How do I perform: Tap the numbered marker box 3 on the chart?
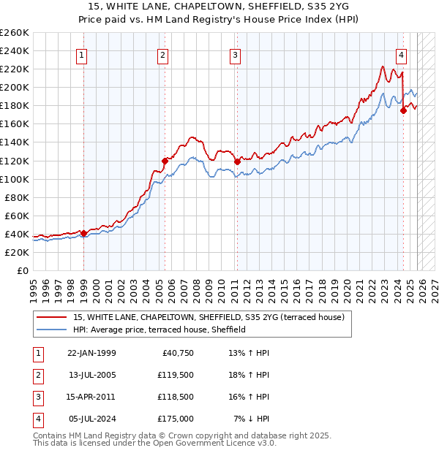pyautogui.click(x=235, y=54)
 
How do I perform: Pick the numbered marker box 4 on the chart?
pyautogui.click(x=402, y=54)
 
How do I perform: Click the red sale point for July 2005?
pyautogui.click(x=165, y=161)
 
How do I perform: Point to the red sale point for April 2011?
pyautogui.click(x=237, y=161)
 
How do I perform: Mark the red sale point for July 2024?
pyautogui.click(x=403, y=110)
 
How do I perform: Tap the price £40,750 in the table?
pyautogui.click(x=175, y=353)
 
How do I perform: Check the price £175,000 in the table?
pyautogui.click(x=175, y=419)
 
